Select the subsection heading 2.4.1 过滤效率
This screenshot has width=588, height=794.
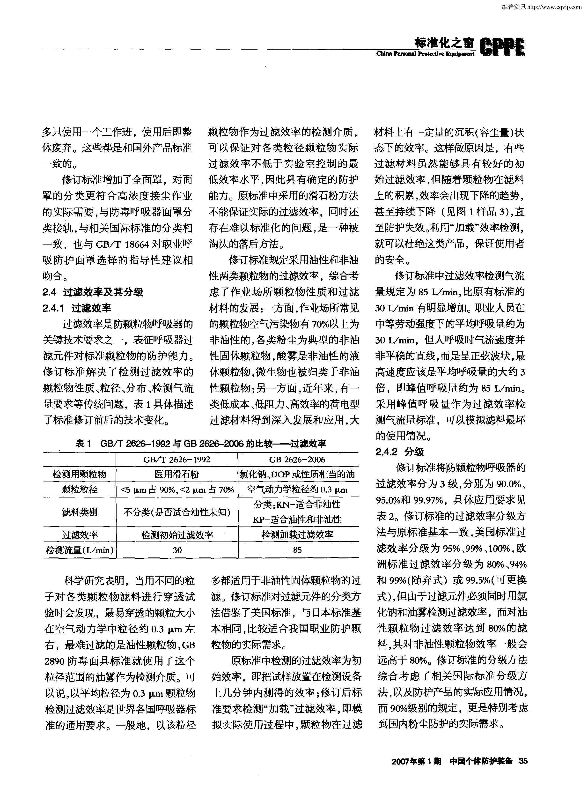(x=77, y=308)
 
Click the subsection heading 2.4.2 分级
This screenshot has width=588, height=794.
(x=400, y=452)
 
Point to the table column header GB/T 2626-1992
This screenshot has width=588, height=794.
(x=177, y=460)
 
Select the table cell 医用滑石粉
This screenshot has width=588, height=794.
(x=177, y=474)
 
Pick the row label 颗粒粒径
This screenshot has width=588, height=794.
(x=80, y=490)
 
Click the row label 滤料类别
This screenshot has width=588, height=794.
(x=80, y=512)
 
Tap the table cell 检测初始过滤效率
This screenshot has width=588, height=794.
(x=177, y=535)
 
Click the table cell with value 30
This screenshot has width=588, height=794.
(x=177, y=550)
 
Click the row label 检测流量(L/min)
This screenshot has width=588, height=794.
(x=80, y=550)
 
